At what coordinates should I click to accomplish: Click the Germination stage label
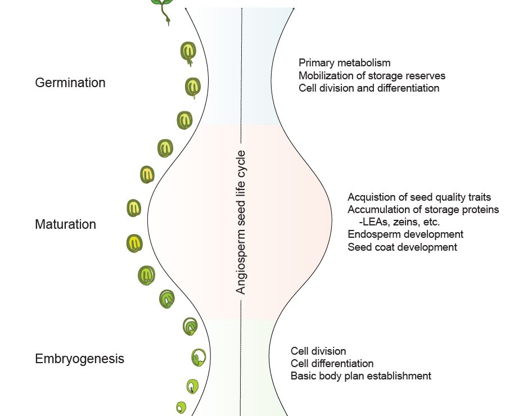click(70, 83)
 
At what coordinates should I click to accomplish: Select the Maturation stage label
click(65, 224)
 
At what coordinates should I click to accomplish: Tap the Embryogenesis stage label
click(79, 359)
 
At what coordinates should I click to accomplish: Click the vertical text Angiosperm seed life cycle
click(241, 222)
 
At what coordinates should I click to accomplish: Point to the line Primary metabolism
click(344, 63)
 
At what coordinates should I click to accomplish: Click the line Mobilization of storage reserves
click(372, 75)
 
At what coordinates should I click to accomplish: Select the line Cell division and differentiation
click(369, 88)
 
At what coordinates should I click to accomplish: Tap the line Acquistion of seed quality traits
click(420, 197)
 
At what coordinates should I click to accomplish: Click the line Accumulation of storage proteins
click(423, 210)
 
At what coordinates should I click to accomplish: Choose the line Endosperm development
click(405, 234)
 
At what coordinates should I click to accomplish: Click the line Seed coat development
click(402, 247)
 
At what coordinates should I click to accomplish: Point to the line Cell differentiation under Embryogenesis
click(332, 364)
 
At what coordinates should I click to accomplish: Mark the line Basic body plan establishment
click(360, 376)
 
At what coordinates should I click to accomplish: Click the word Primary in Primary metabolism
click(315, 63)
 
